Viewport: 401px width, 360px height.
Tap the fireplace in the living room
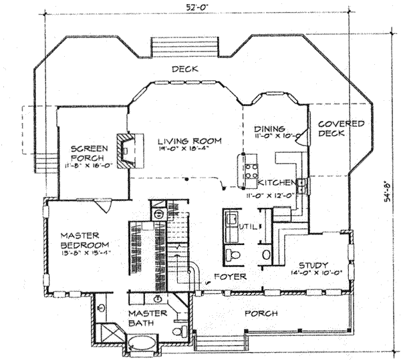coord(125,149)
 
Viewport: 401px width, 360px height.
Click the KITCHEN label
coord(276,182)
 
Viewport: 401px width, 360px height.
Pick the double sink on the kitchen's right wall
coord(303,185)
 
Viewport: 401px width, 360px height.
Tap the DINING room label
coord(270,128)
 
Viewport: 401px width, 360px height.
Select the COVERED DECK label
coord(340,128)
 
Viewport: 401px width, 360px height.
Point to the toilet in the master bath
coord(176,332)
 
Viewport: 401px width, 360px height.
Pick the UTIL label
coord(249,227)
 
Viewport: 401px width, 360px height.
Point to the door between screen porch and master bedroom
coord(102,205)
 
